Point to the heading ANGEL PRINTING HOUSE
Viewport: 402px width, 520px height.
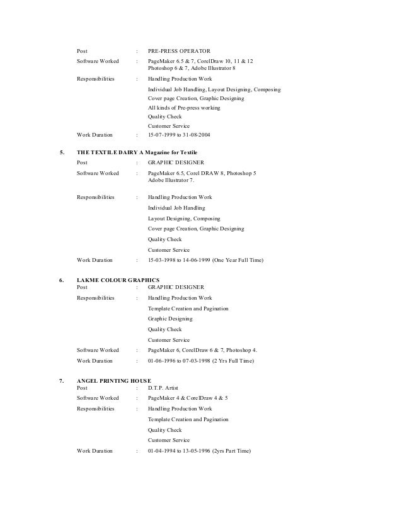point(113,381)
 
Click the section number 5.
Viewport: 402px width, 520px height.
point(61,153)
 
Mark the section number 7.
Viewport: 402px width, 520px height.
point(61,381)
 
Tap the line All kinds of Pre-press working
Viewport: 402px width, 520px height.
point(184,108)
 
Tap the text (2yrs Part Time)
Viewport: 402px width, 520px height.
point(231,451)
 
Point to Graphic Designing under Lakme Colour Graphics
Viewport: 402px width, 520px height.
point(170,319)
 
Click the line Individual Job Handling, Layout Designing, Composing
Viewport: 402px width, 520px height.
point(214,90)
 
